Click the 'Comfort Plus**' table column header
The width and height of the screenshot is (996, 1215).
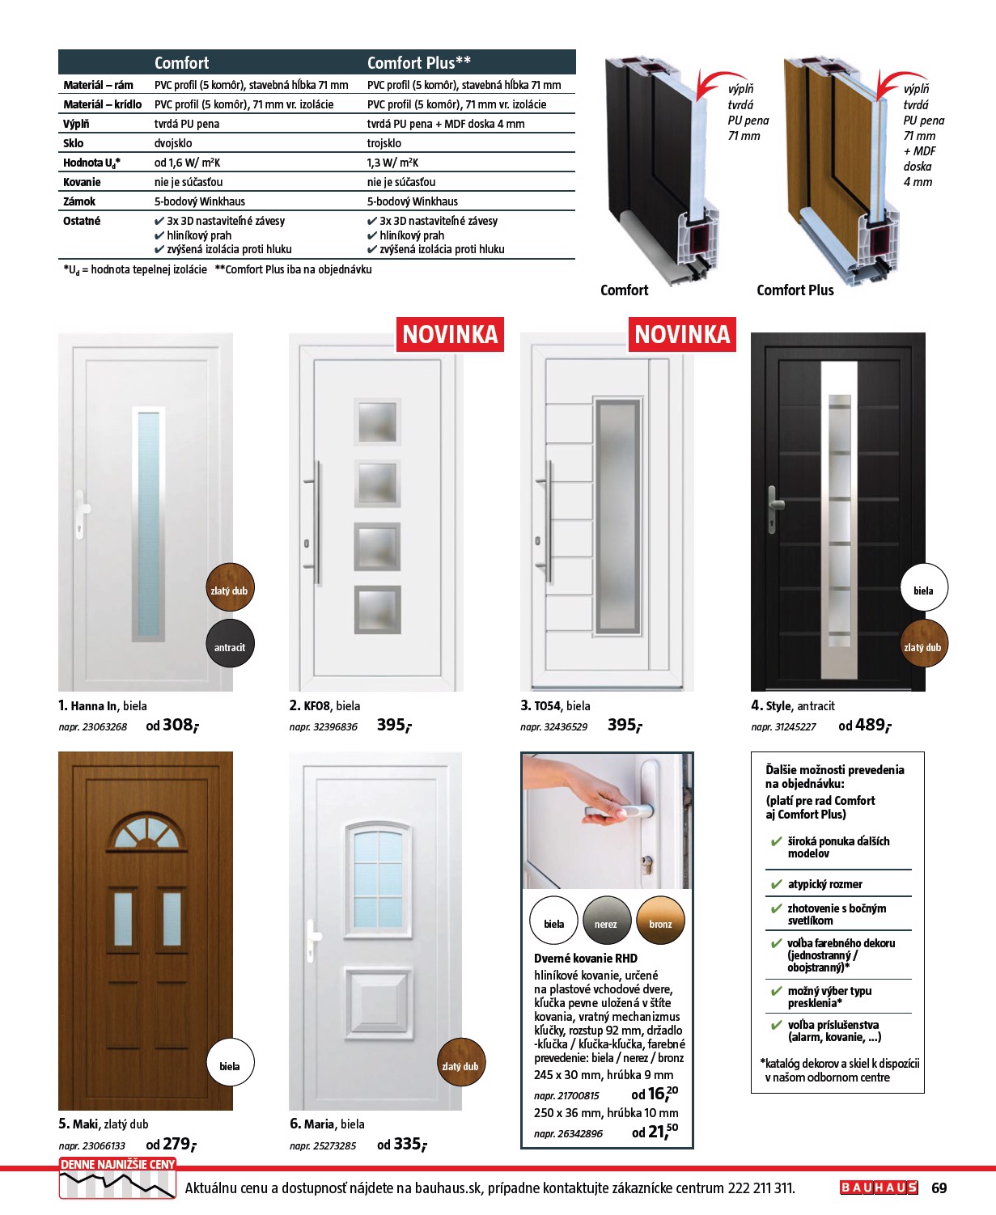tap(418, 63)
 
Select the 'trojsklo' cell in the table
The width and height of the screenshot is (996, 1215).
tap(384, 143)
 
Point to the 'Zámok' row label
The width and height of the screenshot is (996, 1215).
tap(79, 201)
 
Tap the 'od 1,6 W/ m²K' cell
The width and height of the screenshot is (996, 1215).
tap(187, 163)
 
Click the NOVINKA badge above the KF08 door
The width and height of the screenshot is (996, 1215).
tap(450, 335)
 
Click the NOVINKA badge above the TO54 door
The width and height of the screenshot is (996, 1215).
tap(682, 335)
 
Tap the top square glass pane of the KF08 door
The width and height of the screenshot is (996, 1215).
tap(377, 421)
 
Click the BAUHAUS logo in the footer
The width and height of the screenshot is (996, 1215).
tap(879, 1187)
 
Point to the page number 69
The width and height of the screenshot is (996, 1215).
tap(939, 1187)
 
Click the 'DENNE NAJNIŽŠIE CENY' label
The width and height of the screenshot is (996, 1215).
tap(117, 1164)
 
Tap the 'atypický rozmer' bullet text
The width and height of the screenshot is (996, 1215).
tap(824, 884)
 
